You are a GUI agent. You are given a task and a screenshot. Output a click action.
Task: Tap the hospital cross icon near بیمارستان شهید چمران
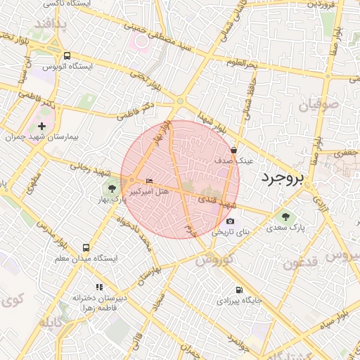42,125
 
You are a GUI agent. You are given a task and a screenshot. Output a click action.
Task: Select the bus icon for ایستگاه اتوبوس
67,56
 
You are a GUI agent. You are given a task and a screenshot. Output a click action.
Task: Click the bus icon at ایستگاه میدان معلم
86,247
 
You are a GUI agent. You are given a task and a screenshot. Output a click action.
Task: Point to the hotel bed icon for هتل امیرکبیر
149,182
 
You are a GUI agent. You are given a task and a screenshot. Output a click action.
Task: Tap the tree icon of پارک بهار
110,188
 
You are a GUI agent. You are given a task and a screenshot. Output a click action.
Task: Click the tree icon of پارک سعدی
285,216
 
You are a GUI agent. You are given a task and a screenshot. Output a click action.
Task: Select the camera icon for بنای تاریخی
230,221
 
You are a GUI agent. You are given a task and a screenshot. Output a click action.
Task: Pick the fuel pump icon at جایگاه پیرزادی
239,289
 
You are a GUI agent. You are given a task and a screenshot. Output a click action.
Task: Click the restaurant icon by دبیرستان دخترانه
99,287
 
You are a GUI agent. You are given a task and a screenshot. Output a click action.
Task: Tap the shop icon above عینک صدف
233,150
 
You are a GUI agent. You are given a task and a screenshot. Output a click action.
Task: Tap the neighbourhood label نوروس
213,259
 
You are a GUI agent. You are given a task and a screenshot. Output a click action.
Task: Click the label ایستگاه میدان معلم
86,259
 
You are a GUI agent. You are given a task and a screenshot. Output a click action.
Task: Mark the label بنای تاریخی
231,231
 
